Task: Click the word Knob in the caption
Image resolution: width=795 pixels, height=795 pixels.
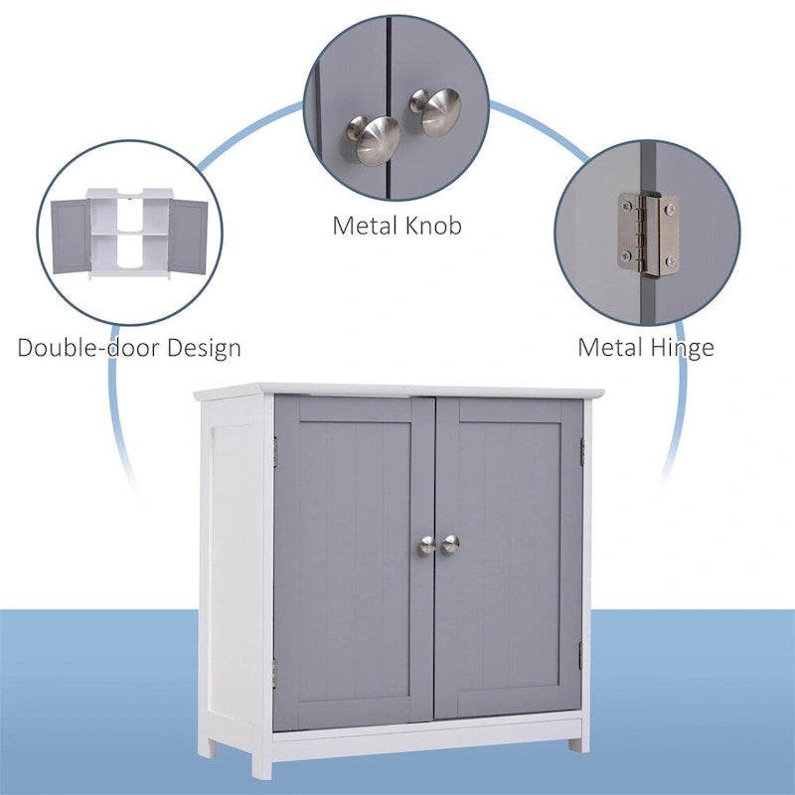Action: tap(433, 226)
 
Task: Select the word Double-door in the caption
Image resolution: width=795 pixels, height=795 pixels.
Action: tap(92, 348)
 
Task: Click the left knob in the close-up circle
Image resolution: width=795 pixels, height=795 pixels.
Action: tap(372, 136)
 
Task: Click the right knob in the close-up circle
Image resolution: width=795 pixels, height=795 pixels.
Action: tap(438, 110)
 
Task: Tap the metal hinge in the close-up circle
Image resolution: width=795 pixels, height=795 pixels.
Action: tap(647, 235)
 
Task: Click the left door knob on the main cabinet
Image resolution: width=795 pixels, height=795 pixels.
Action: tap(425, 545)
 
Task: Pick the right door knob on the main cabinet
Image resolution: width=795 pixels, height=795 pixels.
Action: tap(450, 543)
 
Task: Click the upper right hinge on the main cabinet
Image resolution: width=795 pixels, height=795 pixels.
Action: tap(582, 450)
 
